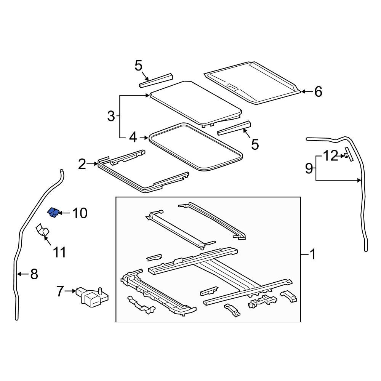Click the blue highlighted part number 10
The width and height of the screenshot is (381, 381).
[53, 213]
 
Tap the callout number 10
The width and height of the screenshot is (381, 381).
[80, 213]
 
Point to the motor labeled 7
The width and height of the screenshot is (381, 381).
[93, 296]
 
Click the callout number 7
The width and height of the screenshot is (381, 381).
[60, 291]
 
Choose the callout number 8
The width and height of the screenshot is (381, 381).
[34, 274]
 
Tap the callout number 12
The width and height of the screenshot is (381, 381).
[330, 155]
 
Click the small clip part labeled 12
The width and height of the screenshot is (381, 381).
[347, 155]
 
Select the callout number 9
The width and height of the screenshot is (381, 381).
[309, 168]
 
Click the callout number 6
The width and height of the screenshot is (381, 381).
[318, 91]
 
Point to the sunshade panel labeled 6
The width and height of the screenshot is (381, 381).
[251, 82]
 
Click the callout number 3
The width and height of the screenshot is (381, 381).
[111, 116]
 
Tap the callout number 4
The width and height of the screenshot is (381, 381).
[133, 137]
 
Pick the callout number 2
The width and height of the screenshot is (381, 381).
[82, 164]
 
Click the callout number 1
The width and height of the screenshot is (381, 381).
[312, 254]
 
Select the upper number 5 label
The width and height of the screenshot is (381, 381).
[138, 66]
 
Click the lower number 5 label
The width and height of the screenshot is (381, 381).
[255, 144]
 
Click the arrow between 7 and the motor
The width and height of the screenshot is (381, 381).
[71, 291]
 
